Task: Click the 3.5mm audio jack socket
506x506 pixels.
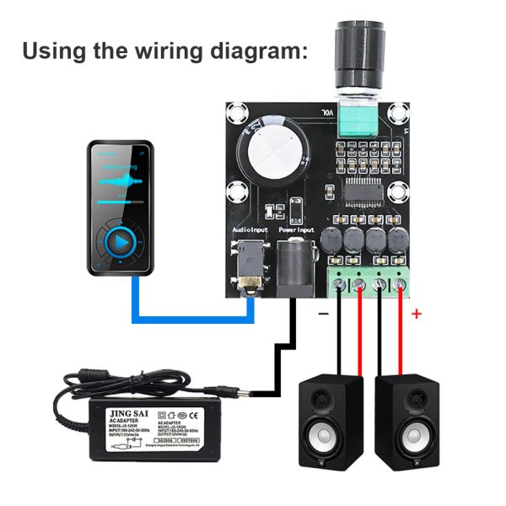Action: click(x=250, y=263)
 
